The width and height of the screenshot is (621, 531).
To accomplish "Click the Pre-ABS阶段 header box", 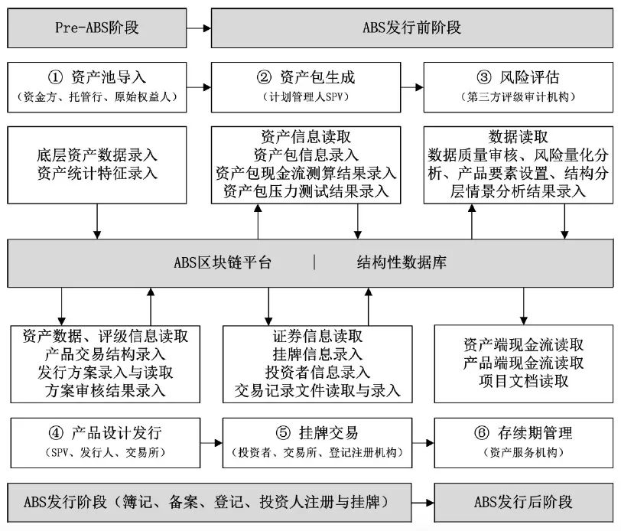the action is [x=97, y=28].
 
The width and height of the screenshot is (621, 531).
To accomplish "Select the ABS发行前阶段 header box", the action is [x=412, y=28].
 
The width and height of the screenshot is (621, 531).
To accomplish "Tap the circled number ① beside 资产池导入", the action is [x=55, y=77].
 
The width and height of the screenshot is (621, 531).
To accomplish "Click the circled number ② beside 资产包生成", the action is [x=264, y=77].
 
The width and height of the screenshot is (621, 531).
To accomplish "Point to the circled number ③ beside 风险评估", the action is [x=484, y=77].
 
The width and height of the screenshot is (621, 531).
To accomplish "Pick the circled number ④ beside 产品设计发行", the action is [x=56, y=433].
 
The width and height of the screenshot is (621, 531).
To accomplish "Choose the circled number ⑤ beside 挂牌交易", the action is [x=283, y=433].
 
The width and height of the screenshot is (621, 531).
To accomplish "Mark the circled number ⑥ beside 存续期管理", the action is [x=482, y=433].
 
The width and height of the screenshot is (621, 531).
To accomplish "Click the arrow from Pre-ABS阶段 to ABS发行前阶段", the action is [x=199, y=28].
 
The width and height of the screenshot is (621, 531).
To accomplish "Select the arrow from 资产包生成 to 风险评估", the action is [x=412, y=87].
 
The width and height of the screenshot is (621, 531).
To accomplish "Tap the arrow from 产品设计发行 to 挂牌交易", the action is [x=211, y=443].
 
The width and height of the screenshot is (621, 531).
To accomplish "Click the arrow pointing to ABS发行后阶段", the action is [x=423, y=503].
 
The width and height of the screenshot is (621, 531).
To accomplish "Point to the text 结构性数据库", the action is [x=402, y=262].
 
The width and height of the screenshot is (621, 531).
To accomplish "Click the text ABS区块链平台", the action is [x=223, y=262].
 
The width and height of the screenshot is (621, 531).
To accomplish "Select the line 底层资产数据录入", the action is [x=97, y=155].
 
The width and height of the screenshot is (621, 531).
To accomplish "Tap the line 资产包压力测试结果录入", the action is [x=306, y=191].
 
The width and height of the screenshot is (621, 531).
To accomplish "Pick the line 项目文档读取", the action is [x=524, y=381].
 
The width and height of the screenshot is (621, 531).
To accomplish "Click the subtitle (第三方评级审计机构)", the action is [x=518, y=97].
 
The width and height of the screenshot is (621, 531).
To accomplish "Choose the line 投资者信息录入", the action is [x=317, y=372].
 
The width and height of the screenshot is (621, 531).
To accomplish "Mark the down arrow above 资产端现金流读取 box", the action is [x=524, y=306].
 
